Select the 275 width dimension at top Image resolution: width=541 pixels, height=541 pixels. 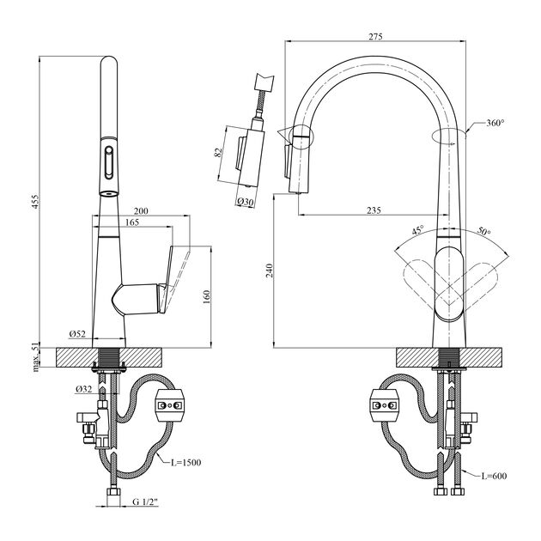[x=374, y=35]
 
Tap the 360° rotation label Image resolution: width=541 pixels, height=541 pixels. [x=495, y=124]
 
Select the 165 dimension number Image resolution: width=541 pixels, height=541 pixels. [x=131, y=222]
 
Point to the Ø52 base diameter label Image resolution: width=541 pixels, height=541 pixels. [x=76, y=334]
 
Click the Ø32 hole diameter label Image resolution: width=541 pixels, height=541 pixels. [x=83, y=388]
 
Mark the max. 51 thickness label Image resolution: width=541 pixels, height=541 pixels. [x=36, y=356]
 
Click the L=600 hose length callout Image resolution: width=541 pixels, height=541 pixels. [x=495, y=476]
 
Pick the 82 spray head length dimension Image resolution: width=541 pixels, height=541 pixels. [x=220, y=153]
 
